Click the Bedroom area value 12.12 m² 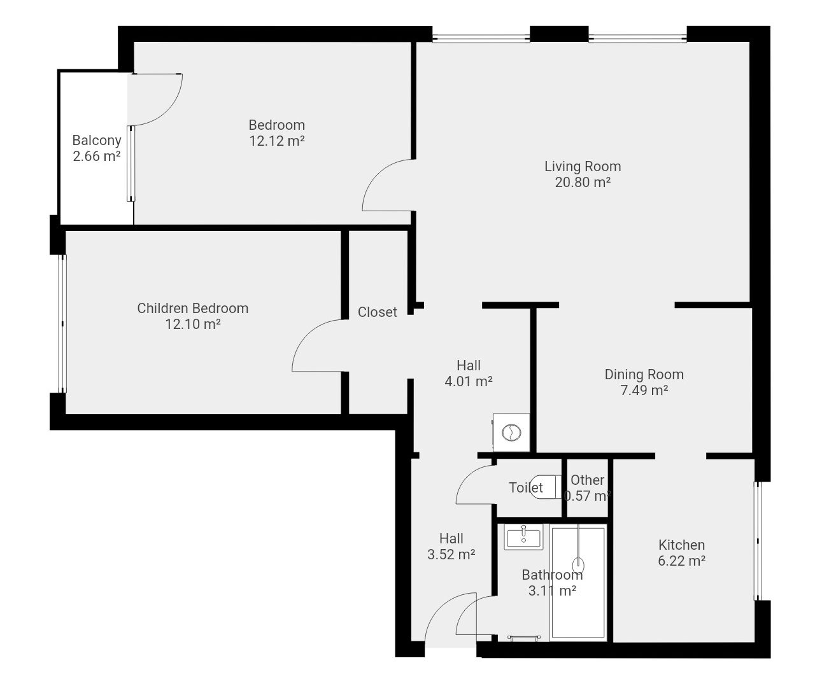pos(277,141)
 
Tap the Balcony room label pos(96,140)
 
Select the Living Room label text pos(583,167)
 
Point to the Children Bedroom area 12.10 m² pos(193,324)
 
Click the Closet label pos(377,312)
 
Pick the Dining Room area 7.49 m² pos(644,390)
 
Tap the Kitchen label pos(681,545)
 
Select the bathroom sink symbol pos(523,536)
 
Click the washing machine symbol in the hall pos(511,432)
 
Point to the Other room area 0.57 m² pos(588,496)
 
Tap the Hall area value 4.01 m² pos(469,381)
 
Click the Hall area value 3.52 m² pos(451,554)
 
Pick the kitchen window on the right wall pos(756,541)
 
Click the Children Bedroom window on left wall pos(62,323)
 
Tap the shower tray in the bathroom pos(578,583)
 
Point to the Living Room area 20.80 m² pos(583,182)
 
